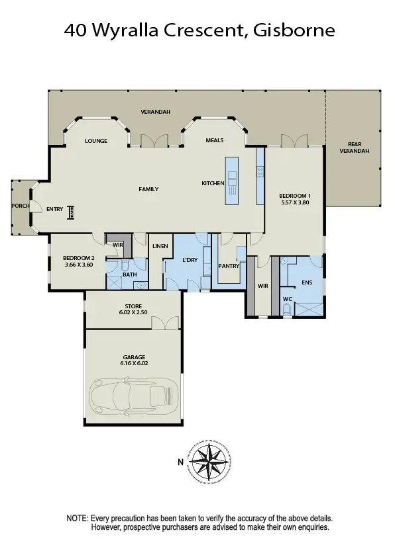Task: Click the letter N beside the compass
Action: (180, 462)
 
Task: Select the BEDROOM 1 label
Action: (294, 196)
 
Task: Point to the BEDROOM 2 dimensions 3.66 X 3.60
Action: (78, 265)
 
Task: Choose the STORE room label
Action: (134, 306)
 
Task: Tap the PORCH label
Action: (20, 206)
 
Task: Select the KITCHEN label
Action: (213, 183)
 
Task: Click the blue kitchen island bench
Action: (233, 180)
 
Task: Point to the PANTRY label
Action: (229, 266)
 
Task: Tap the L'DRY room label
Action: (191, 260)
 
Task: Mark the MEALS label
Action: (214, 140)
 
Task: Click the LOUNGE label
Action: (96, 141)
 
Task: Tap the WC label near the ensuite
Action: (287, 298)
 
